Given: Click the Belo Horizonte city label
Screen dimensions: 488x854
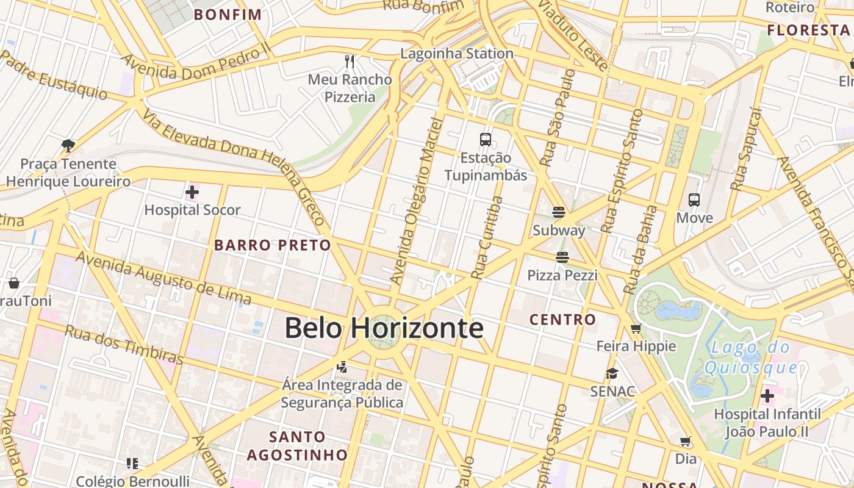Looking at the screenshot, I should [384, 328].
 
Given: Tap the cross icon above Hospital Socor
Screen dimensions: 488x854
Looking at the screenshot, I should [192, 193].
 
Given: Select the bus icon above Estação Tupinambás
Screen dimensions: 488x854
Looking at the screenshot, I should [486, 140].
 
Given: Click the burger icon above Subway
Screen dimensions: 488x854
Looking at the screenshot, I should [558, 212].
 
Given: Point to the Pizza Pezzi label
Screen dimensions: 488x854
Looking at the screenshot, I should [562, 275].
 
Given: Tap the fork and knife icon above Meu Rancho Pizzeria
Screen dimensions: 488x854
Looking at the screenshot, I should [350, 61].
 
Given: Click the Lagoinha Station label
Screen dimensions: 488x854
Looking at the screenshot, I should [457, 54].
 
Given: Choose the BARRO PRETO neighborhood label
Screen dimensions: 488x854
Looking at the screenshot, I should [273, 245].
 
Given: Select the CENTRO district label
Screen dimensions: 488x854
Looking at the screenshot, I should [562, 319].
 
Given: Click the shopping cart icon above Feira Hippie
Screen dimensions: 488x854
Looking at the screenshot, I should [636, 329].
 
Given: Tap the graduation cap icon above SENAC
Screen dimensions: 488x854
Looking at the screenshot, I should [612, 373].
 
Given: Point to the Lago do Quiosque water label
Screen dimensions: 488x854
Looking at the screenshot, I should [750, 358].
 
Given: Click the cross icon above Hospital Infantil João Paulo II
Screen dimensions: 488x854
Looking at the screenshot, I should [767, 396].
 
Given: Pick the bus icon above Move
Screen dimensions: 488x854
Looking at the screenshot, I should [694, 199].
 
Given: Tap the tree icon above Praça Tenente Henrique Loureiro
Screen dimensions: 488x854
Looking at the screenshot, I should [68, 145].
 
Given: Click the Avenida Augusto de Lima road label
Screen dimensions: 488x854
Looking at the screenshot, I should [163, 278].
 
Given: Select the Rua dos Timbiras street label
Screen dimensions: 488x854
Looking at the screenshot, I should [124, 345].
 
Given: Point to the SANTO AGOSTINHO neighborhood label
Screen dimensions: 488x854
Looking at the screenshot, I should [297, 446].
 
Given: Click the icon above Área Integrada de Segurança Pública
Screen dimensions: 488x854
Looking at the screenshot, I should [342, 367].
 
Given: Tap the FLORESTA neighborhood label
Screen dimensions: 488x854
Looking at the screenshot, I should [808, 30].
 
